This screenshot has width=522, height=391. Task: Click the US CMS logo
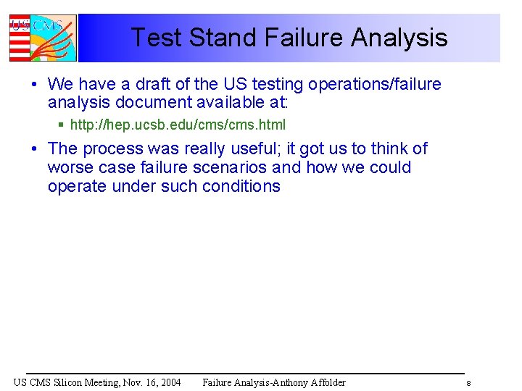(42, 38)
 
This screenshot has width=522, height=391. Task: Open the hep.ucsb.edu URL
(178, 125)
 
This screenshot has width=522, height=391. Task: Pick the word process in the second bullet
(113, 148)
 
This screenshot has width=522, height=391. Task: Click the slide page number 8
(469, 383)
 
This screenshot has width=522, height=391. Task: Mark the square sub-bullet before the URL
(62, 125)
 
